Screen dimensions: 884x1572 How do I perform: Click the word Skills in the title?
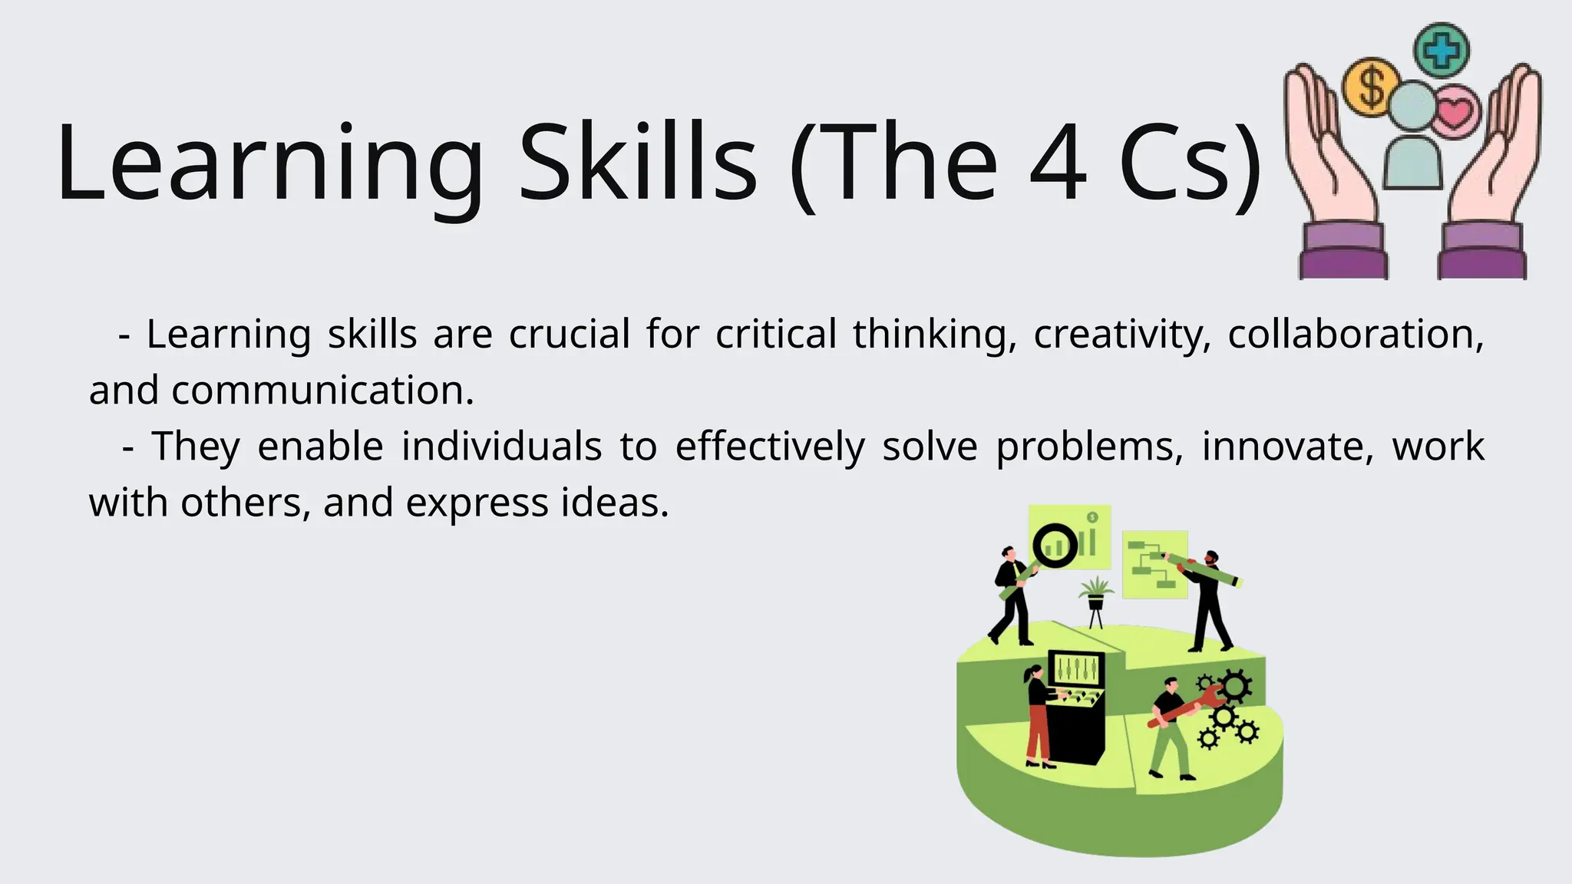638,163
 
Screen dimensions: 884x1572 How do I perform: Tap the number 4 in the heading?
1058,163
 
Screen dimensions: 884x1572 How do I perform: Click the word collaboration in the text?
1356,335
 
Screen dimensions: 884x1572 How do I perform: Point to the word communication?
322,391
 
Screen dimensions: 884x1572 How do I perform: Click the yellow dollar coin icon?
1370,87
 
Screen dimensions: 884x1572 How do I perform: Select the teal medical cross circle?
1442,50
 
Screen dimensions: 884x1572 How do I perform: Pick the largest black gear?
1235,685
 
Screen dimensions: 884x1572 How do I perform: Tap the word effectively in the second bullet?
770,447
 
